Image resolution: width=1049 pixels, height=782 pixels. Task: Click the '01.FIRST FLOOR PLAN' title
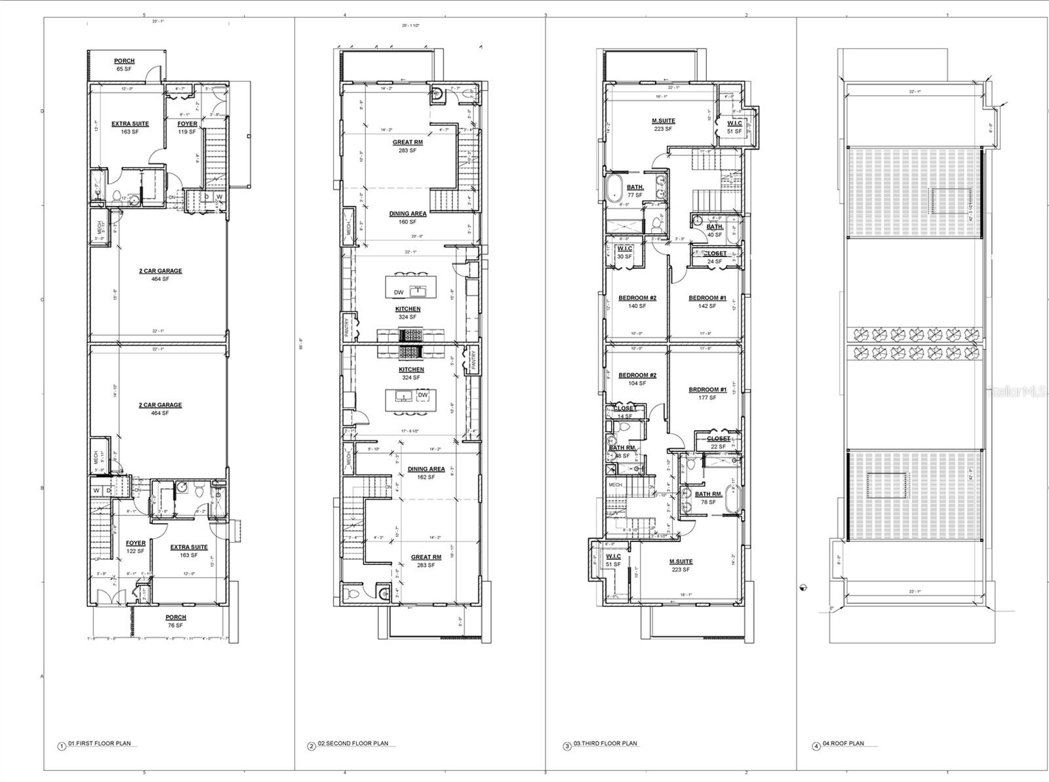point(100,743)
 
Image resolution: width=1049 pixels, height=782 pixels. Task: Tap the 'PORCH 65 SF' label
point(124,64)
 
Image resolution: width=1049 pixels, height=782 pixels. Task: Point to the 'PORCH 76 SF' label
point(176,621)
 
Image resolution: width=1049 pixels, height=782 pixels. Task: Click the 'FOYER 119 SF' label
point(188,128)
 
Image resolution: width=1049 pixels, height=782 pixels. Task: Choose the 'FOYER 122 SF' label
point(136,547)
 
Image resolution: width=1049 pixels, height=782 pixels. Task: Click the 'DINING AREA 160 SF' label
point(408,218)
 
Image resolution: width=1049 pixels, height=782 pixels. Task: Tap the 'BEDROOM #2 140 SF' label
point(637,302)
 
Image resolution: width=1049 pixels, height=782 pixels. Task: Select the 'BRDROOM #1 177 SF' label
point(707,393)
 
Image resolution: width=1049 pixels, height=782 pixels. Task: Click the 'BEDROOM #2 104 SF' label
point(637,379)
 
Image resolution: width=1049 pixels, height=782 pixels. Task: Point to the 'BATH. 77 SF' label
point(635,191)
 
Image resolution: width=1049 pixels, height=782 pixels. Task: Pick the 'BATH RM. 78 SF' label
point(708,498)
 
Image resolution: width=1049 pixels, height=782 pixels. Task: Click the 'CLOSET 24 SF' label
point(715,257)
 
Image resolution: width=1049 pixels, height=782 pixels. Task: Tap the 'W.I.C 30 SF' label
point(624,252)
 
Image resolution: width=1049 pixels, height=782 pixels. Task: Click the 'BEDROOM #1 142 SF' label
point(707,302)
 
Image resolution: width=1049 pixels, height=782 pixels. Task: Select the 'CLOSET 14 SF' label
point(625,412)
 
